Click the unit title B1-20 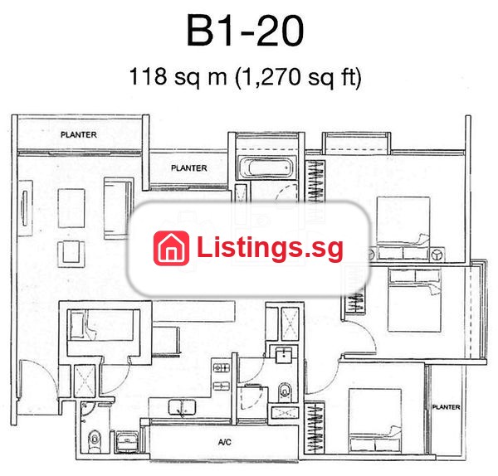click(245, 31)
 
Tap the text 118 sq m click(178, 76)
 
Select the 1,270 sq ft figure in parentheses click(298, 77)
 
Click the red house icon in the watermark click(171, 248)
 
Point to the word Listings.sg click(270, 248)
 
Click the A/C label click(225, 442)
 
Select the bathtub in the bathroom click(266, 168)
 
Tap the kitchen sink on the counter click(182, 407)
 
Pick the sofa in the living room click(118, 208)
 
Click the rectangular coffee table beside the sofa click(71, 208)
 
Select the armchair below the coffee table click(71, 254)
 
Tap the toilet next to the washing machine click(95, 440)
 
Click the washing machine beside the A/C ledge click(127, 441)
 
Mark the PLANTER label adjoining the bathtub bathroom click(189, 168)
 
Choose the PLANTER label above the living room click(79, 134)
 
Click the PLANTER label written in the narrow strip click(446, 407)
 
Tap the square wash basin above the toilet click(284, 355)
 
